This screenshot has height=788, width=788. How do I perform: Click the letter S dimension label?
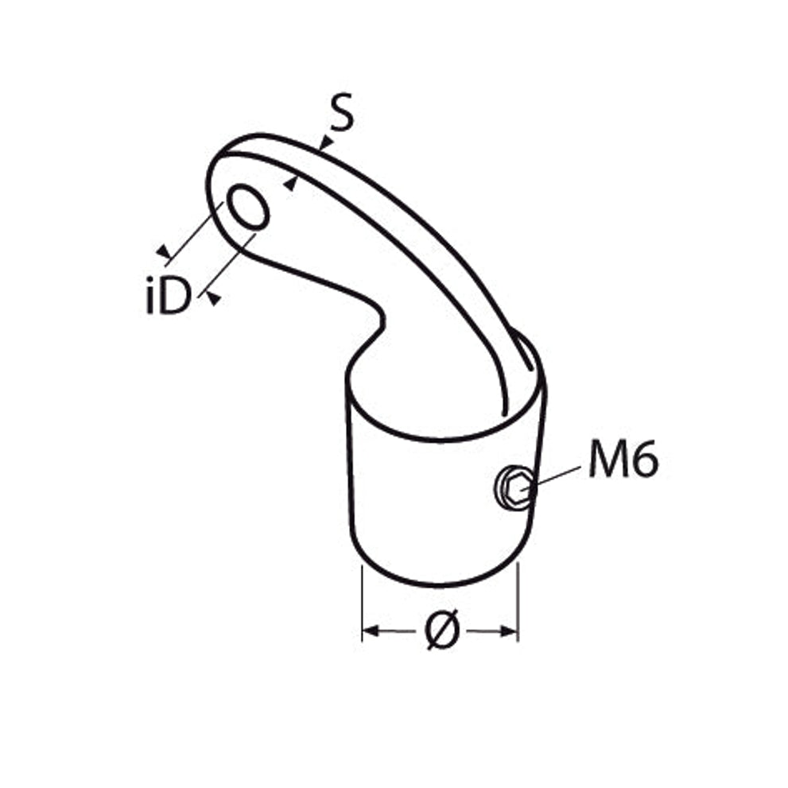[x=342, y=112]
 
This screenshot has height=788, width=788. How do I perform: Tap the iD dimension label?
[x=169, y=296]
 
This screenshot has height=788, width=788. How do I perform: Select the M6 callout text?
[x=623, y=458]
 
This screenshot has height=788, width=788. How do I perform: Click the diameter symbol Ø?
[x=442, y=629]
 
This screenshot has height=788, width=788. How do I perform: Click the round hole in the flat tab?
[x=248, y=207]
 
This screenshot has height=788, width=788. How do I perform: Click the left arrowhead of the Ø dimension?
[x=371, y=631]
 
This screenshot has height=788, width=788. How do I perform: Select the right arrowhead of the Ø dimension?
[x=509, y=631]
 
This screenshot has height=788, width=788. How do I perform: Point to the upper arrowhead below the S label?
[x=326, y=143]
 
